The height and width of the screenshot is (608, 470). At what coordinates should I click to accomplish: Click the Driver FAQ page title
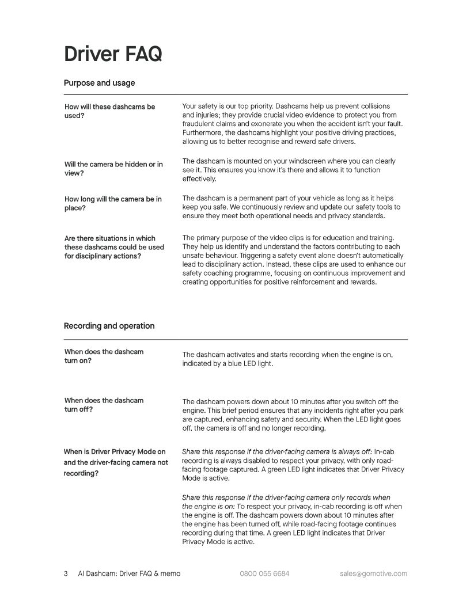[x=113, y=54]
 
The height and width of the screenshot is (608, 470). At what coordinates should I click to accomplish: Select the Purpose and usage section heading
[x=99, y=83]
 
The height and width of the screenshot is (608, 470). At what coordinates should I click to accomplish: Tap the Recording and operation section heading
[x=109, y=326]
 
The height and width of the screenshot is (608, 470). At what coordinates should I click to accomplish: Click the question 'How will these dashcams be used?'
[x=109, y=111]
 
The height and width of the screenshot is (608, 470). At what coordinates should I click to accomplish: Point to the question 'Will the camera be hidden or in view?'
[x=113, y=169]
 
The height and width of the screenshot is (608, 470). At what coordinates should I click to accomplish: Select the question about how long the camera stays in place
[x=113, y=203]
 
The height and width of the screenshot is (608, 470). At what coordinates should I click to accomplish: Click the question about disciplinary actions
[x=114, y=247]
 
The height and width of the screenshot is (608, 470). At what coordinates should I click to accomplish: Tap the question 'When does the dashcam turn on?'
[x=104, y=356]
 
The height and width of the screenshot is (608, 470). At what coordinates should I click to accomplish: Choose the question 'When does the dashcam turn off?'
[x=104, y=405]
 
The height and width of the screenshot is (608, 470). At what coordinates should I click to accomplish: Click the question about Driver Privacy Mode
[x=115, y=462]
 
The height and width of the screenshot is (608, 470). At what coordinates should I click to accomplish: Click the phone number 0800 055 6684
[x=264, y=574]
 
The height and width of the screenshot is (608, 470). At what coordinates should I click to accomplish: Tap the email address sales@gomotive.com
[x=373, y=574]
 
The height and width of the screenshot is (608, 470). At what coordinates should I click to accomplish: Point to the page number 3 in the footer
[x=66, y=574]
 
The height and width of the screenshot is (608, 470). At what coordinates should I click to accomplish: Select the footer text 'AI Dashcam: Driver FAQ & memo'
[x=129, y=574]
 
